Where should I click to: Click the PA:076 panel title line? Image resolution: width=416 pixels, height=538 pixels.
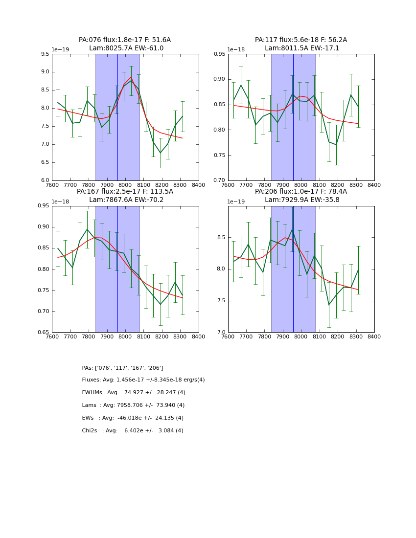point(125,40)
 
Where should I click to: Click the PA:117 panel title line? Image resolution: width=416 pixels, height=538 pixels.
point(300,40)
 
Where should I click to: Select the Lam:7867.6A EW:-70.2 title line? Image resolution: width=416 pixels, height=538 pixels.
point(125,200)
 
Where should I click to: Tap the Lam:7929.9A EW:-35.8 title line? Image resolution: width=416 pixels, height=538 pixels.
point(300,200)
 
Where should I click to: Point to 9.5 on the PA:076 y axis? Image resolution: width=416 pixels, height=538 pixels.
point(45,54)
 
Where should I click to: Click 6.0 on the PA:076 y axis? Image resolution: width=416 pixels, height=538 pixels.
point(45,180)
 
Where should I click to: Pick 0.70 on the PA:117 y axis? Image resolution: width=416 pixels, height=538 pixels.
point(219,180)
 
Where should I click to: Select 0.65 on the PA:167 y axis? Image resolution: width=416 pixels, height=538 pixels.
point(43,333)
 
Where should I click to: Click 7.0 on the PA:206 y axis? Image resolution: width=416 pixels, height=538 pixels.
point(221,333)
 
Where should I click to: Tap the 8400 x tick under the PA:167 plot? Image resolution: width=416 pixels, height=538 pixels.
point(198,337)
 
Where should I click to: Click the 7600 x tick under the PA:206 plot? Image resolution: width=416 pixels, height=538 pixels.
point(228,337)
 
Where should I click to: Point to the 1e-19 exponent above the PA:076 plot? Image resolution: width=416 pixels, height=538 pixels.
point(61,50)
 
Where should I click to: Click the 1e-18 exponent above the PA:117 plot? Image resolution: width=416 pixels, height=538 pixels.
point(237,50)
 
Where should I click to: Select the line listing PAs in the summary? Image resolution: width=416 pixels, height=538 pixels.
point(122,368)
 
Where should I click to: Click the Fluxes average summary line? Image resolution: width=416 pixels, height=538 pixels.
point(143,380)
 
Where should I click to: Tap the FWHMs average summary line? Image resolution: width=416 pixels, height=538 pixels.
point(134,393)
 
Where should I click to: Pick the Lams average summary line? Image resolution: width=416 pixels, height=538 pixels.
point(133,405)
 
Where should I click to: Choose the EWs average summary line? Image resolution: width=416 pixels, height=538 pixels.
point(133,418)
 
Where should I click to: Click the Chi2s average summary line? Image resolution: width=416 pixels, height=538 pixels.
point(133,431)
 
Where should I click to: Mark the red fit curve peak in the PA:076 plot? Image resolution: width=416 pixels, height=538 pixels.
point(131,77)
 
